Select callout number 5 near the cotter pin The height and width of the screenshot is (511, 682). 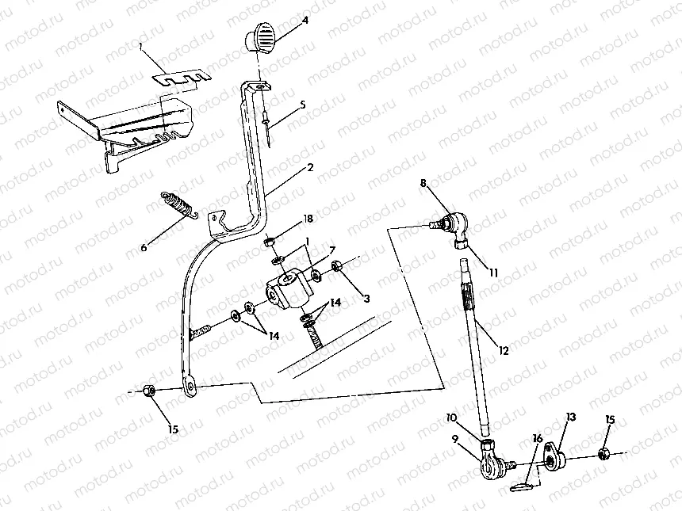click(x=303, y=104)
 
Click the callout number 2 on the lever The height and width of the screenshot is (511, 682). click(x=310, y=168)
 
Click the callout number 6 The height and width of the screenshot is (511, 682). click(x=144, y=248)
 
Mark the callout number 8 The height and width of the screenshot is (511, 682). click(x=423, y=183)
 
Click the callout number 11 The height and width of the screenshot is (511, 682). click(x=493, y=273)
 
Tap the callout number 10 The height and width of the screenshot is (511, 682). click(x=451, y=418)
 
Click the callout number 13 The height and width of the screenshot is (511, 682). click(x=571, y=416)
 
